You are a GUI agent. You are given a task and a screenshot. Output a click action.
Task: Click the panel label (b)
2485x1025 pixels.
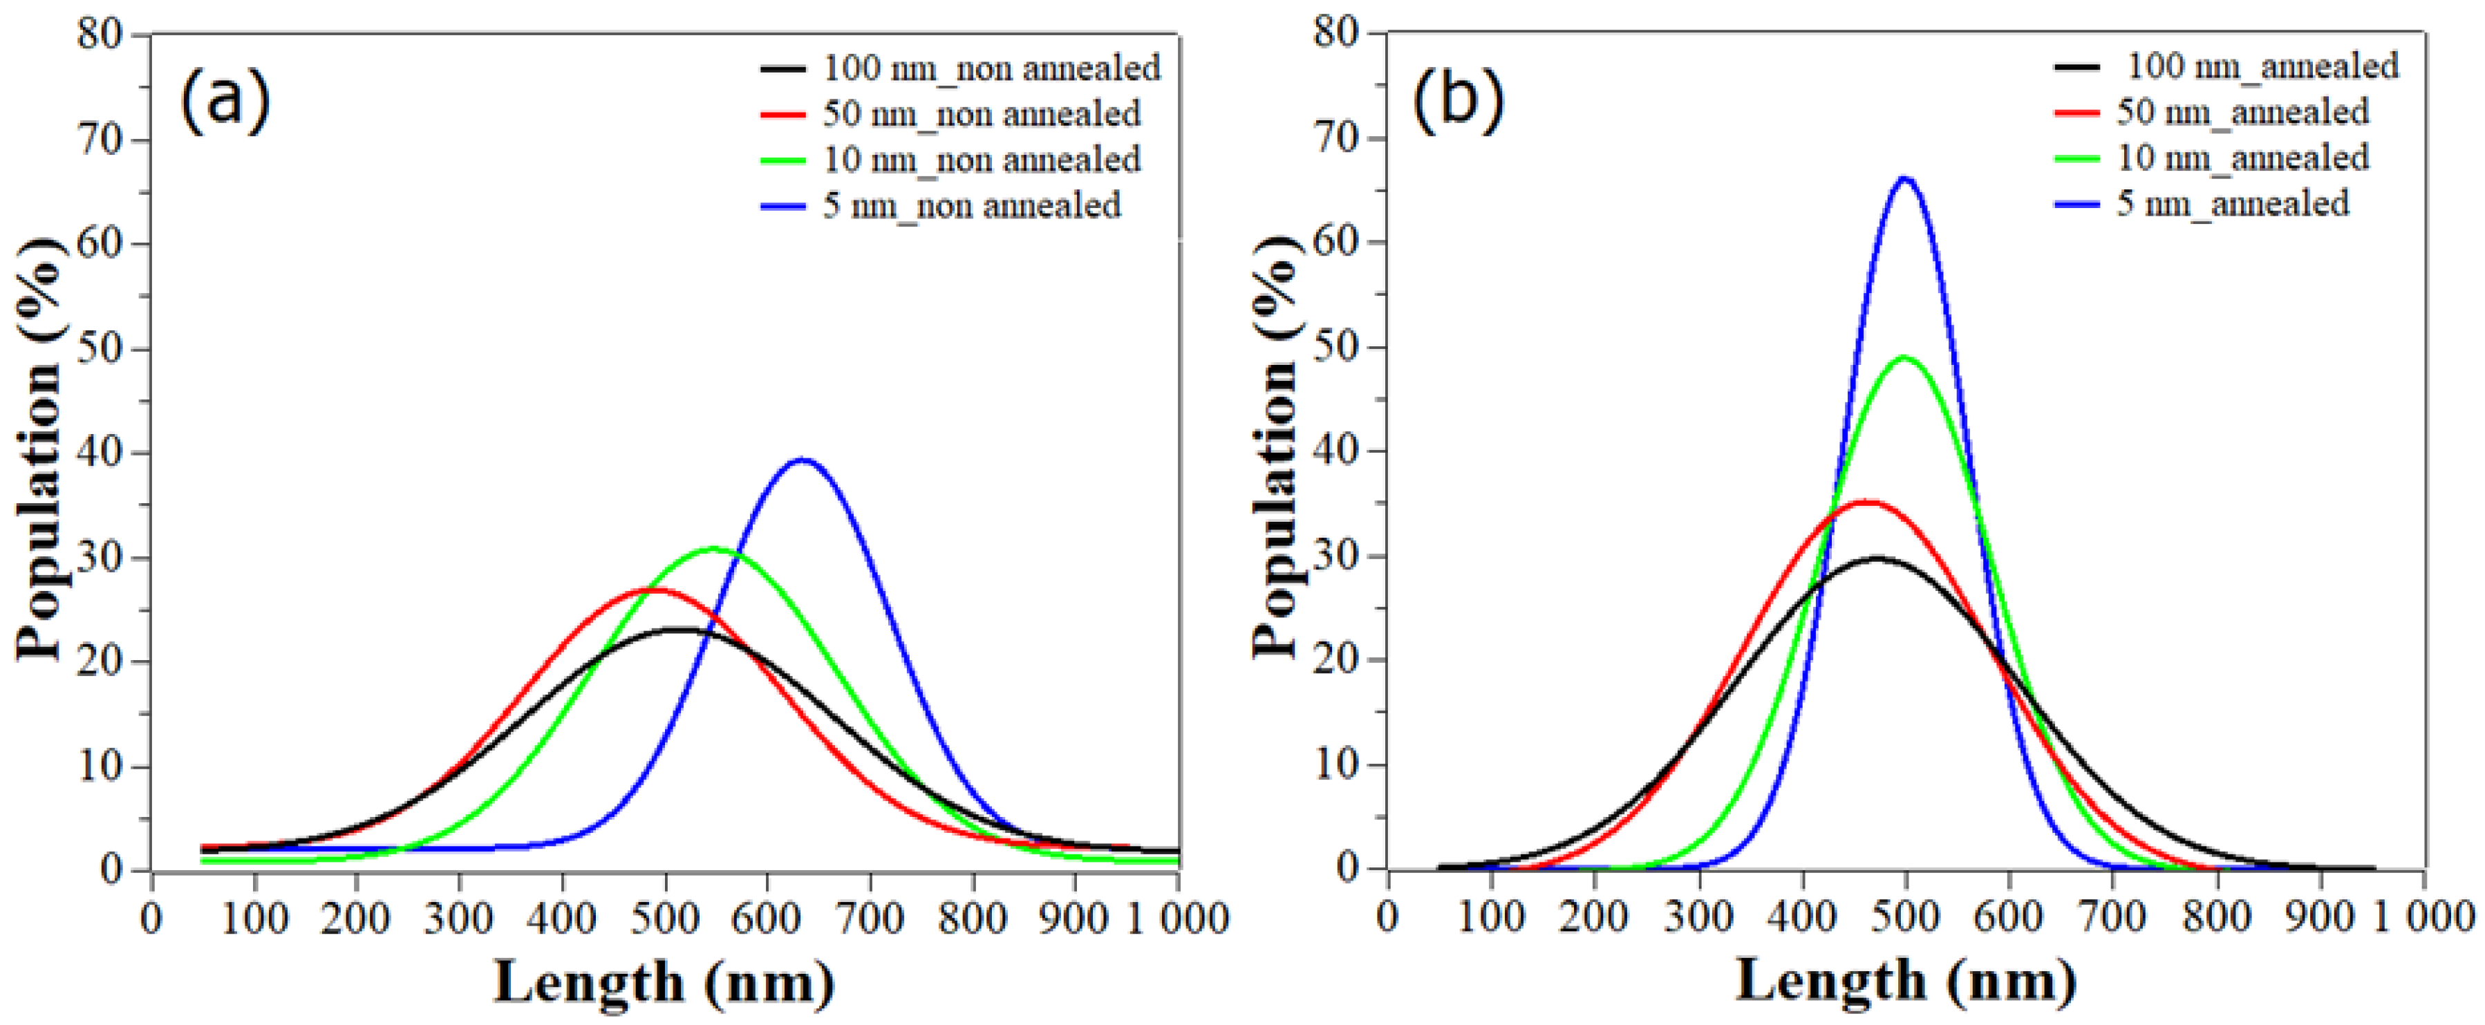pyautogui.click(x=1458, y=100)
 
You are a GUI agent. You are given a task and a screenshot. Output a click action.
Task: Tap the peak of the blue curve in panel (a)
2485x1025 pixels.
pyautogui.click(x=803, y=460)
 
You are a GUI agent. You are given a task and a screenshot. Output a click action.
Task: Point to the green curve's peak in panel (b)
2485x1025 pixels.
pyautogui.click(x=1904, y=358)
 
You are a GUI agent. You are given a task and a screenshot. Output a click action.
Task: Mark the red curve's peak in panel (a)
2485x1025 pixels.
pyautogui.click(x=657, y=589)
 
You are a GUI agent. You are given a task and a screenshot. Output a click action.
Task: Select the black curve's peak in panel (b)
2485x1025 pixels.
pyautogui.click(x=1875, y=558)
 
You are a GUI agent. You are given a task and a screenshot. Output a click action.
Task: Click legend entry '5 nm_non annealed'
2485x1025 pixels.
pyautogui.click(x=971, y=205)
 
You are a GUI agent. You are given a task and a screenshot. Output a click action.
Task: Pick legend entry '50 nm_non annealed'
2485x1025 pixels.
pyautogui.click(x=981, y=114)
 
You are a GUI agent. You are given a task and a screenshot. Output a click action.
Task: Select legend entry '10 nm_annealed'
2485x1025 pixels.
pyautogui.click(x=2242, y=157)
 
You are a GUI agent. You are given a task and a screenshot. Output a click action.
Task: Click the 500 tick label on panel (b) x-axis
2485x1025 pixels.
pyautogui.click(x=1904, y=915)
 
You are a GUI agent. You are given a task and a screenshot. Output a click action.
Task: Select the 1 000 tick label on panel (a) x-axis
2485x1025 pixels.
pyautogui.click(x=1178, y=918)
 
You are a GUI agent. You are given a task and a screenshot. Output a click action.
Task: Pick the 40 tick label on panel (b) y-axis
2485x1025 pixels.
pyautogui.click(x=1336, y=451)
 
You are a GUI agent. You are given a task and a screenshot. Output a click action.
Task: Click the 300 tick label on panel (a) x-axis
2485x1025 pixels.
pyautogui.click(x=459, y=918)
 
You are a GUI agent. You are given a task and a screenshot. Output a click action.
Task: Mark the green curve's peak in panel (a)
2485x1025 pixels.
pyautogui.click(x=714, y=549)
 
